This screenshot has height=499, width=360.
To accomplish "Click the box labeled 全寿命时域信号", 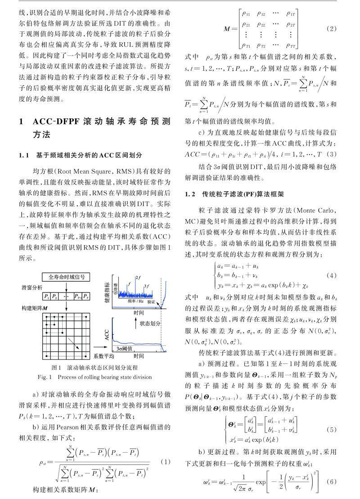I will click(x=67, y=277).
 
